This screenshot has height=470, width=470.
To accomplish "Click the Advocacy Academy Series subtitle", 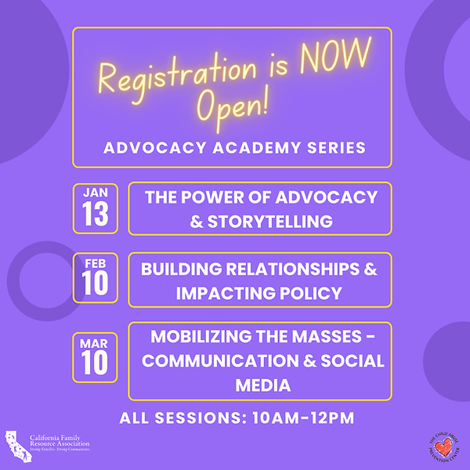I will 232,146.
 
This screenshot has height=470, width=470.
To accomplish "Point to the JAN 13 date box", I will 96,208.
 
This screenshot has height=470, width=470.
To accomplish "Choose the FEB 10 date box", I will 96,277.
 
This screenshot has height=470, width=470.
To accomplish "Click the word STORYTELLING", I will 271,221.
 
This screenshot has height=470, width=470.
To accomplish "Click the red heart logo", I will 445,446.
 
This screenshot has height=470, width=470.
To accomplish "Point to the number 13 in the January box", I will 96,215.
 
